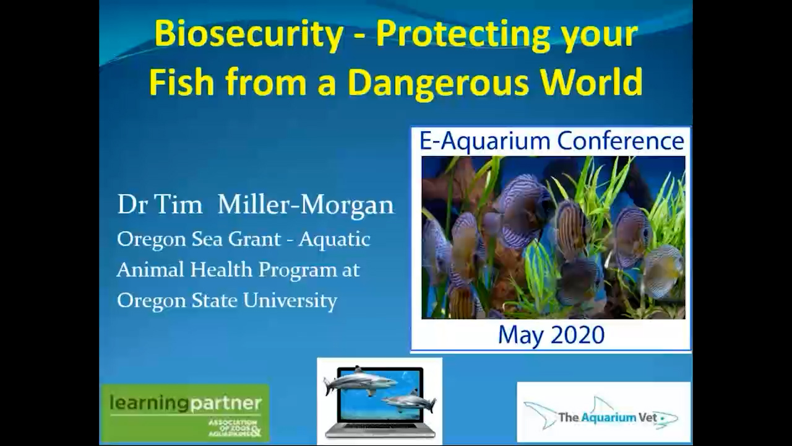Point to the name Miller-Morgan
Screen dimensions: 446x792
point(306,205)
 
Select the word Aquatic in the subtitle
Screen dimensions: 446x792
point(334,239)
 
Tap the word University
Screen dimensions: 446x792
point(290,300)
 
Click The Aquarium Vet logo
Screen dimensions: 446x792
point(603,413)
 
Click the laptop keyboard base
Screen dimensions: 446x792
point(380,431)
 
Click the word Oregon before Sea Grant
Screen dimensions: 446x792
point(147,239)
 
